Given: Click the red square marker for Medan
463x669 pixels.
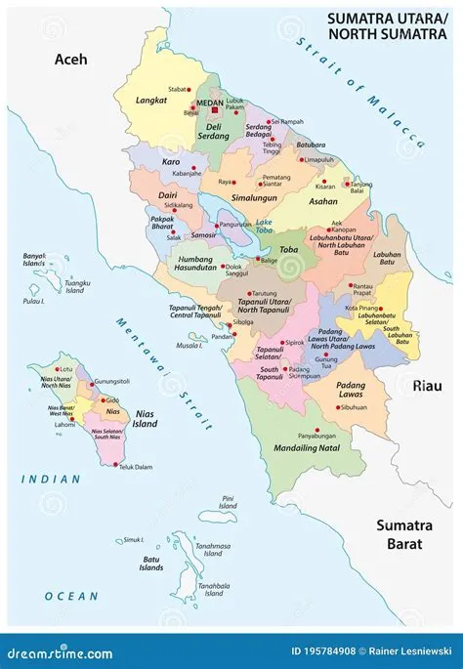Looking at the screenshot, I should (x=216, y=111).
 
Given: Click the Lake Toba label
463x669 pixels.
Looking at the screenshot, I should (x=265, y=227).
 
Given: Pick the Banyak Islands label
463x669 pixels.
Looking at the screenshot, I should (x=35, y=260).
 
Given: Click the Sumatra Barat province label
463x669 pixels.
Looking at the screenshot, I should (x=403, y=535).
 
